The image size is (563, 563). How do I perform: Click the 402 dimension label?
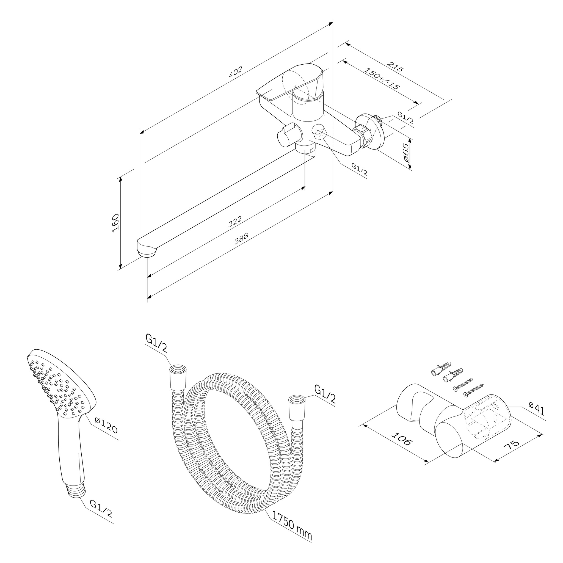236,72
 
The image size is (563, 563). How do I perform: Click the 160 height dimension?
115,223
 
